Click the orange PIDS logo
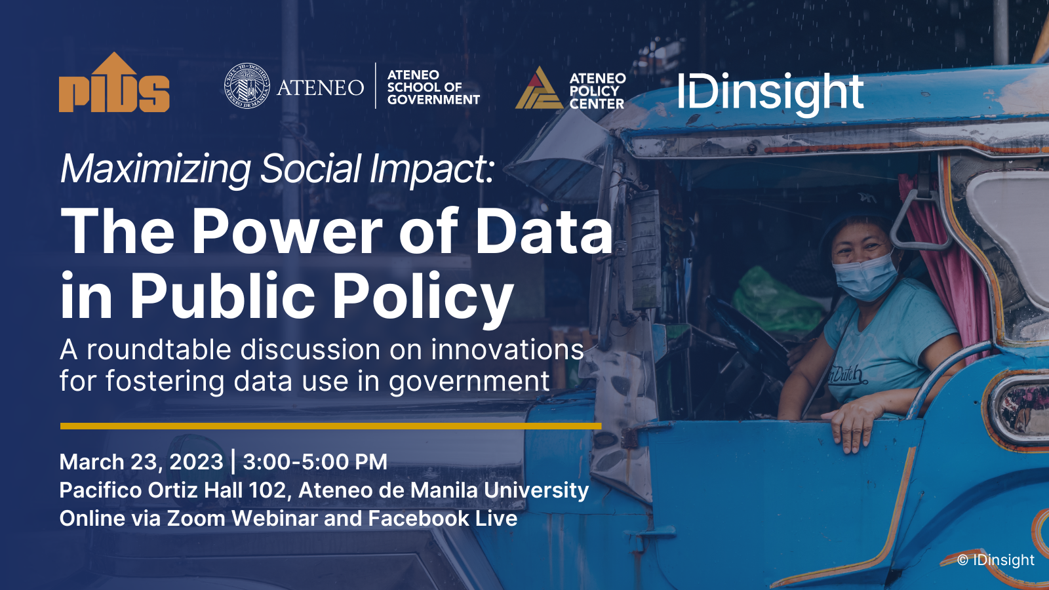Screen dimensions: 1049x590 (x=114, y=83)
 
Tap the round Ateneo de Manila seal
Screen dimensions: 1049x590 (x=247, y=86)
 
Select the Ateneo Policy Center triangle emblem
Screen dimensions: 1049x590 (x=538, y=88)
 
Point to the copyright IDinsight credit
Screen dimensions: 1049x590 (x=996, y=560)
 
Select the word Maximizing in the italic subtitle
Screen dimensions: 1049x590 (x=155, y=169)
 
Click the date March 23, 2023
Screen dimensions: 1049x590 (x=142, y=462)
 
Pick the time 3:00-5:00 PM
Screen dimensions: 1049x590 (x=315, y=462)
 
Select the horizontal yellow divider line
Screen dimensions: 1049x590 (x=330, y=426)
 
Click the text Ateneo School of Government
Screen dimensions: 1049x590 (x=433, y=87)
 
